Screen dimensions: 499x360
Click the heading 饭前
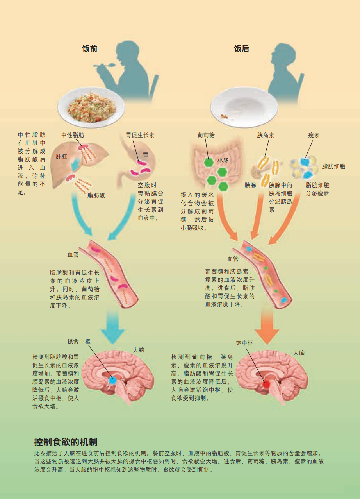click(x=89, y=49)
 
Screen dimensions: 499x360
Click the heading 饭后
click(x=241, y=49)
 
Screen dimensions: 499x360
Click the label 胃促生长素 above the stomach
click(x=140, y=135)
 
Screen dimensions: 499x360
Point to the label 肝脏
click(x=61, y=156)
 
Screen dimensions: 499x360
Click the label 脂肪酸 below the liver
click(x=96, y=195)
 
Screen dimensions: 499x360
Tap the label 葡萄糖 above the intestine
click(x=206, y=135)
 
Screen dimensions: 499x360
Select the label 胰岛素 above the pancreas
click(x=266, y=135)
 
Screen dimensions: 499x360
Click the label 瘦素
click(x=314, y=135)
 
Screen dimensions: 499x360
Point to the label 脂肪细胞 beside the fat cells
click(x=333, y=166)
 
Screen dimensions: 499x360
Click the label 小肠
click(x=223, y=161)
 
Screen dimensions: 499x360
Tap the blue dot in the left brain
click(x=112, y=380)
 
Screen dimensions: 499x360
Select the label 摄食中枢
click(x=79, y=341)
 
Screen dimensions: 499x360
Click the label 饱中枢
click(x=244, y=343)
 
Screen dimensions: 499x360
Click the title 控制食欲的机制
click(x=66, y=442)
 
